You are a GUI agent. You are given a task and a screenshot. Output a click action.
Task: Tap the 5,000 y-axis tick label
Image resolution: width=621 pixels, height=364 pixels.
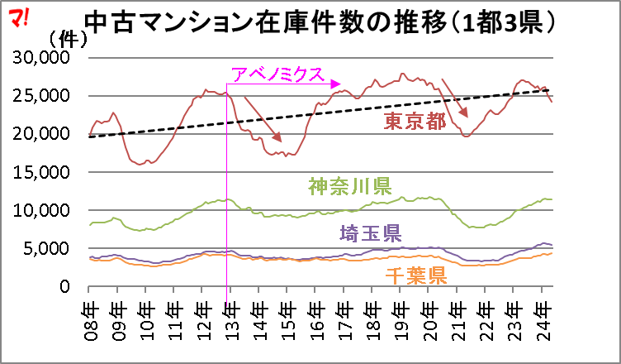pyautogui.click(x=50, y=248)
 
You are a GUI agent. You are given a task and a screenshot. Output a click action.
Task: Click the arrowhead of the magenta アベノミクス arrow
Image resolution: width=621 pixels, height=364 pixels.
pyautogui.click(x=336, y=84)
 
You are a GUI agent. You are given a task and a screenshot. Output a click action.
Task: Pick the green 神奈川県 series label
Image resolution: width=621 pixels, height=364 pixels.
pyautogui.click(x=349, y=185)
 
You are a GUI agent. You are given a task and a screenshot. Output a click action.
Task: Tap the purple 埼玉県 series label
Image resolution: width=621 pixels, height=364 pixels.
pyautogui.click(x=369, y=232)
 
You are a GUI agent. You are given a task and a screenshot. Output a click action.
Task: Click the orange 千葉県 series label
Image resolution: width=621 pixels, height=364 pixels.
pyautogui.click(x=415, y=275)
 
